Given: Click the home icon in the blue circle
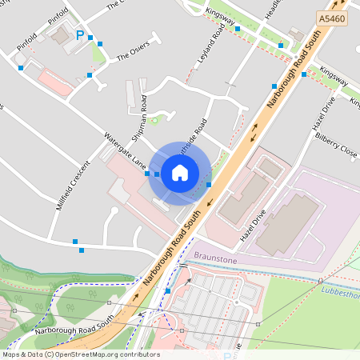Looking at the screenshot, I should tap(180, 173).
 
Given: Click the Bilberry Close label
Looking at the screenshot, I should tap(336, 144).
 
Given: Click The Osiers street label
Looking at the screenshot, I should tap(133, 53).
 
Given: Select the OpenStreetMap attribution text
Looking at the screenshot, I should tap(80, 354).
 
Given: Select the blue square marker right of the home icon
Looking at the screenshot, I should tap(209, 185).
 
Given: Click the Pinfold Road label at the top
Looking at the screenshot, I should tap(58, 17).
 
